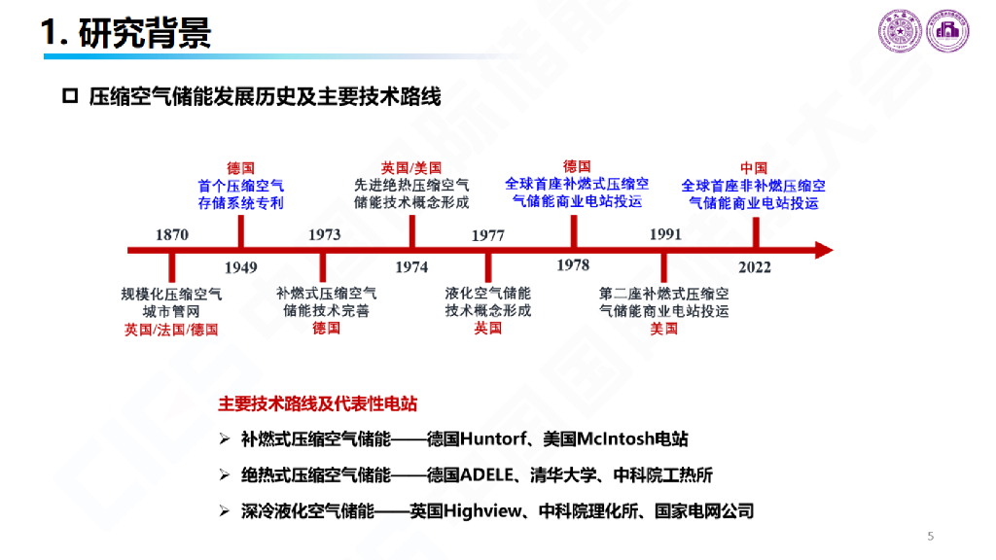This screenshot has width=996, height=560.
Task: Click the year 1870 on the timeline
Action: point(172,234)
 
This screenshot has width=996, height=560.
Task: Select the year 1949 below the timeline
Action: point(240,267)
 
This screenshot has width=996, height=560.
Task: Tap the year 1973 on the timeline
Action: point(325,234)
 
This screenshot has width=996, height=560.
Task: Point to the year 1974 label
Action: point(411,267)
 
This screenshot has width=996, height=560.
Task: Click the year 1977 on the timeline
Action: point(487,234)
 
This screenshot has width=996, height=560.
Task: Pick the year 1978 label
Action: point(573,264)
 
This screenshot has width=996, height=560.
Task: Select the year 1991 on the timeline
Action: point(665,234)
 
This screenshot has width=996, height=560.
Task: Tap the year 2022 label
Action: point(755,267)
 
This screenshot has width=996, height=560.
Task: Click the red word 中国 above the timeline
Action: point(754,168)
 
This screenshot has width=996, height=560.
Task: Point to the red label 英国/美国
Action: point(411,168)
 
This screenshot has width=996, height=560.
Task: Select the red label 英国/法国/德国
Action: point(171,329)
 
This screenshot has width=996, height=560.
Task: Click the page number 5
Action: point(931,536)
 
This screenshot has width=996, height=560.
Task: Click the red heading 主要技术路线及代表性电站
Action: point(317,403)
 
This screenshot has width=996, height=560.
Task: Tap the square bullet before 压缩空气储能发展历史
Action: point(69,96)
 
